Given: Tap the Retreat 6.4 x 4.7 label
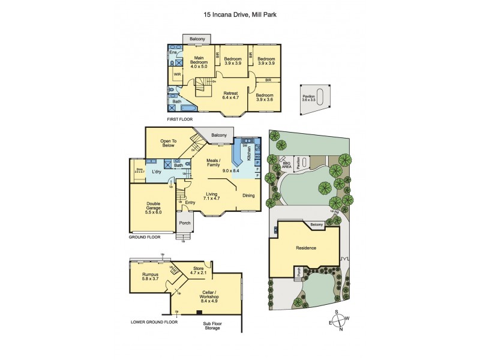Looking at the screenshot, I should click(231, 96).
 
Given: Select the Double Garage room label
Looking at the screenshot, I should click(153, 208).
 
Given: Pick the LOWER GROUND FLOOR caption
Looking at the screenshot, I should click(154, 322).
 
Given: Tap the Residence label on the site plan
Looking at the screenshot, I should click(306, 247).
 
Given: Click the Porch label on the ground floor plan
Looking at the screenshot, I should click(185, 223).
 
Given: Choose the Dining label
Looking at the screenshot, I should click(248, 195).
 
